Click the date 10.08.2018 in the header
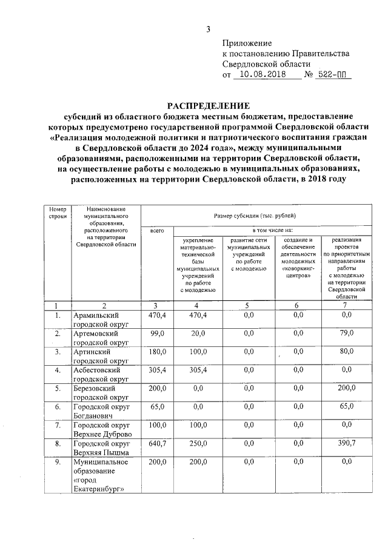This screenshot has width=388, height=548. click(x=264, y=74)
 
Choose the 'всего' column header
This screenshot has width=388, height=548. click(x=157, y=231)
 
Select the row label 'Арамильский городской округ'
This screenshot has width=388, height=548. click(x=95, y=320)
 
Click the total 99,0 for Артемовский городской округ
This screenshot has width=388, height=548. click(x=158, y=333)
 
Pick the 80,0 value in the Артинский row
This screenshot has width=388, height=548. click(x=346, y=351)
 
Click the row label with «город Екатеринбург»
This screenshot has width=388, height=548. click(x=100, y=476)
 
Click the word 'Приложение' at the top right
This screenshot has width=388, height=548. click(x=247, y=43)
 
